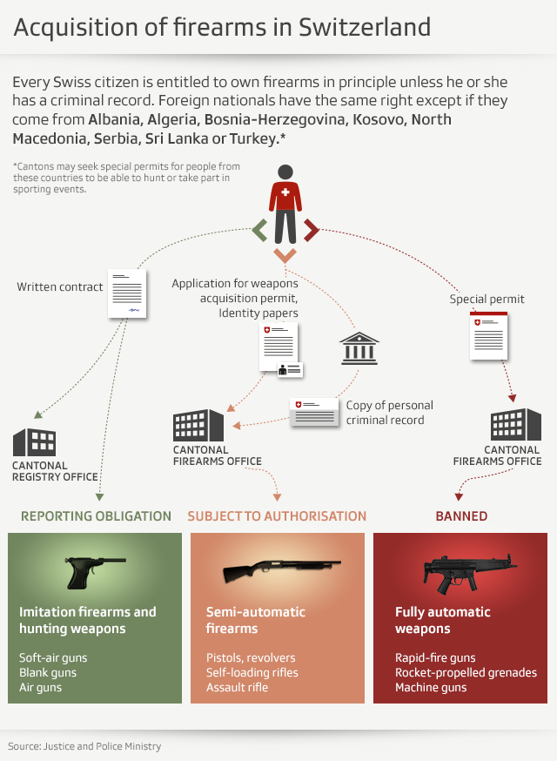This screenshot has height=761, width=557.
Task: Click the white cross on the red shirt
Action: (285, 192)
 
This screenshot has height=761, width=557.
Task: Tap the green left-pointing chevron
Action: (259, 230)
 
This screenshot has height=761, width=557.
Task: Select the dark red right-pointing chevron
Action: (311, 230)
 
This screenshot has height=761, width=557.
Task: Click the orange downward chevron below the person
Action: (285, 255)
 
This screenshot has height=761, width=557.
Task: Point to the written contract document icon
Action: (127, 293)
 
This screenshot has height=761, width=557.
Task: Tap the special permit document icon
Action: (489, 334)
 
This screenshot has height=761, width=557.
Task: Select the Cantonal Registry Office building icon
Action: (36, 443)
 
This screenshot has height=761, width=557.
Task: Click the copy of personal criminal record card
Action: (315, 412)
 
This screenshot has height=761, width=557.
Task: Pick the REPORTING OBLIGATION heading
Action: (96, 516)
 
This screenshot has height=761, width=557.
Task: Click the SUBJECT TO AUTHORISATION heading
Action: (277, 516)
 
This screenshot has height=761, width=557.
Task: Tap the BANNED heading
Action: (461, 516)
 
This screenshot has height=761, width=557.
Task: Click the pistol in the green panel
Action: (96, 569)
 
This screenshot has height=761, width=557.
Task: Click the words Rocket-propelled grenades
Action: (466, 673)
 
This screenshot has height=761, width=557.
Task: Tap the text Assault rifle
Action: (237, 688)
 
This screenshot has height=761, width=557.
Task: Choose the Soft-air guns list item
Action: (53, 658)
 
